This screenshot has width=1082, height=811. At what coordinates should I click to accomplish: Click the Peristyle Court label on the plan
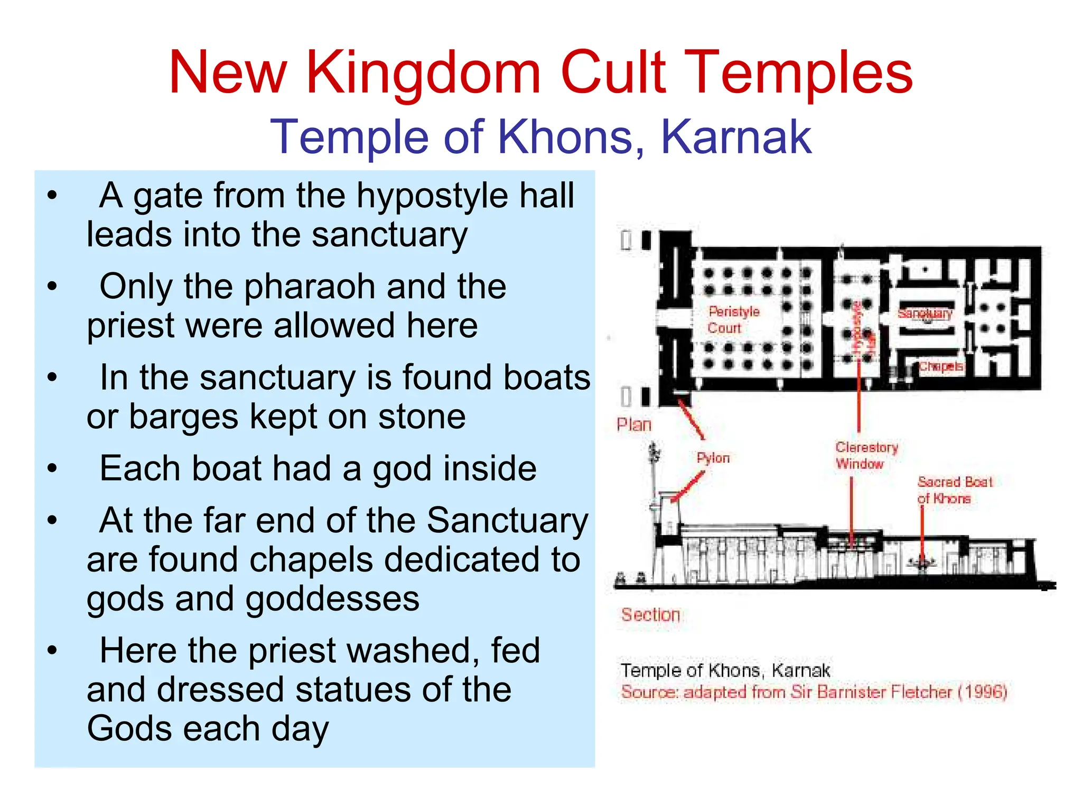[733, 319]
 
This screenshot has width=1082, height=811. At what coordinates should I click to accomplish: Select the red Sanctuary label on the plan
[925, 313]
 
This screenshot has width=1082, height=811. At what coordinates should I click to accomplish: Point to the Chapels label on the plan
[941, 366]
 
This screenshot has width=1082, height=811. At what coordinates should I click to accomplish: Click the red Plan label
[634, 425]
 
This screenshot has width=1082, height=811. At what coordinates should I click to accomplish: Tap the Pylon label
[713, 458]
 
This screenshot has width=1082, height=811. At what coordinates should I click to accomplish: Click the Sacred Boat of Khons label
[954, 490]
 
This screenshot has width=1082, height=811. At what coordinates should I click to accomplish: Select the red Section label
[650, 614]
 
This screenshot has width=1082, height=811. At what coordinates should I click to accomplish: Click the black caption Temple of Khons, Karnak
[725, 670]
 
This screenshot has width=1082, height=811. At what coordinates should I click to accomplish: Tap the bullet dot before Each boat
[52, 469]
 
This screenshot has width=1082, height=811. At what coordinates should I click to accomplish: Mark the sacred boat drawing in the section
[922, 564]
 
